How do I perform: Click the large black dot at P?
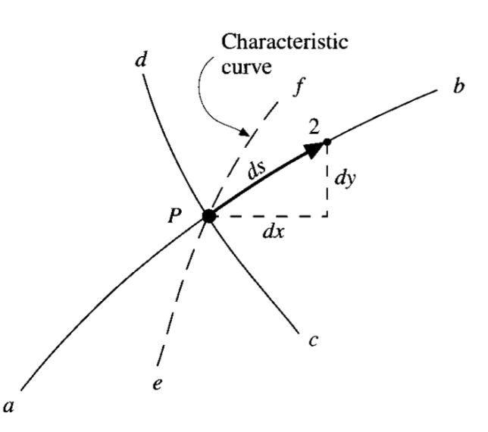[210, 216]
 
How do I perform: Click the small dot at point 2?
[327, 141]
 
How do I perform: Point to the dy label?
[346, 181]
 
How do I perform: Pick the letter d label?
[139, 60]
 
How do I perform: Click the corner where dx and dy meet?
[327, 216]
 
